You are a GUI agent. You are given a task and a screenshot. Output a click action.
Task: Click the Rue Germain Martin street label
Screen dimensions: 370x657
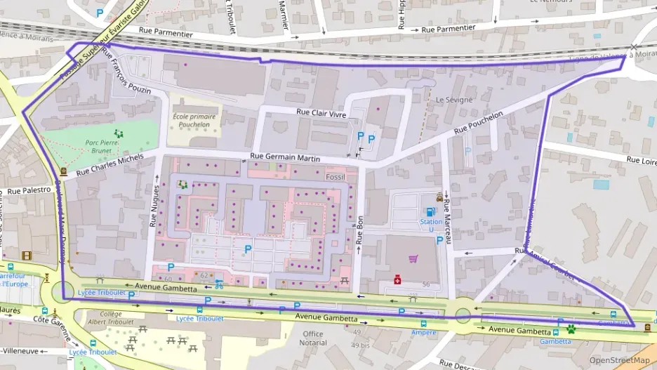pyautogui.click(x=285, y=159)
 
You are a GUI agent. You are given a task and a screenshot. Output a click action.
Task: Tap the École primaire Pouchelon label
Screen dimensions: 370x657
pyautogui.click(x=191, y=120)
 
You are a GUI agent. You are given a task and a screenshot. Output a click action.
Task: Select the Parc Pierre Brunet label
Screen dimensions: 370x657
pyautogui.click(x=104, y=145)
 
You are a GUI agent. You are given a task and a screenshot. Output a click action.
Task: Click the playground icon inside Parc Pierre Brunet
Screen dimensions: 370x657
pyautogui.click(x=118, y=132)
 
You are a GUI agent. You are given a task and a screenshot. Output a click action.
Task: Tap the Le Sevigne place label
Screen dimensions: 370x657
pyautogui.click(x=451, y=100)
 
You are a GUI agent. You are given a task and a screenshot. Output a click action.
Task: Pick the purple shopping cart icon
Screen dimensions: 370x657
pyautogui.click(x=413, y=259)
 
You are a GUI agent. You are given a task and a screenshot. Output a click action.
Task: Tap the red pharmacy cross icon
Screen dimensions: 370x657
pyautogui.click(x=397, y=281)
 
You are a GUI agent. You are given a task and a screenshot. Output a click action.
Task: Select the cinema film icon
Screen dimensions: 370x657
pyautogui.click(x=27, y=256)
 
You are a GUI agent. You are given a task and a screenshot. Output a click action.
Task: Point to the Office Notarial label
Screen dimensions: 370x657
pyautogui.click(x=313, y=338)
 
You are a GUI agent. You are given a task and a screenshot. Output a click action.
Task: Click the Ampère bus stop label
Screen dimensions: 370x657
pyautogui.click(x=424, y=332)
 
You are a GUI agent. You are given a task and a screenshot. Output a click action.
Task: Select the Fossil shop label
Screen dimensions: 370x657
pyautogui.click(x=336, y=177)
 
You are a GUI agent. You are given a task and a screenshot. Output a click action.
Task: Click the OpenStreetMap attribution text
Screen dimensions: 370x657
pyautogui.click(x=614, y=360)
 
